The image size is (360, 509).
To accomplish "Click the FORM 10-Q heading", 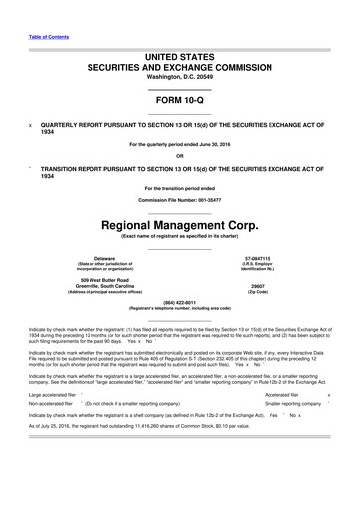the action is [180, 104].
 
